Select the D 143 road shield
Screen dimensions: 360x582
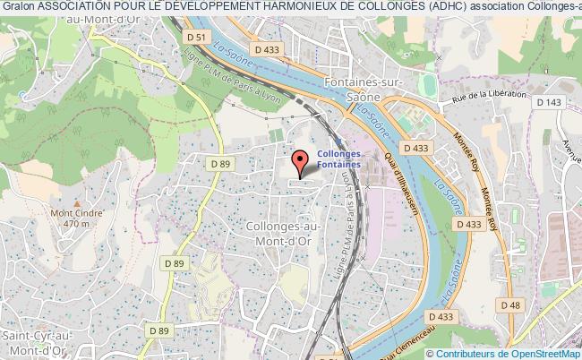[x=548, y=102]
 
